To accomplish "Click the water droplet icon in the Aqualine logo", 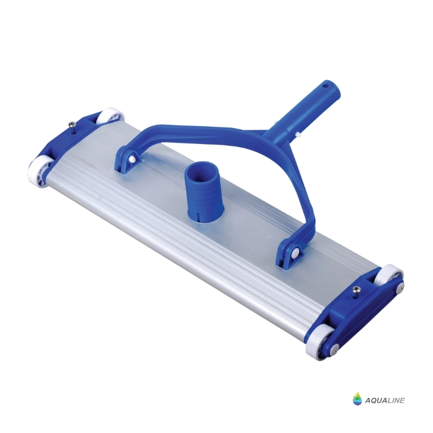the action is (x=357, y=398).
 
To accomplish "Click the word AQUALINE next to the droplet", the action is (x=385, y=400).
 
